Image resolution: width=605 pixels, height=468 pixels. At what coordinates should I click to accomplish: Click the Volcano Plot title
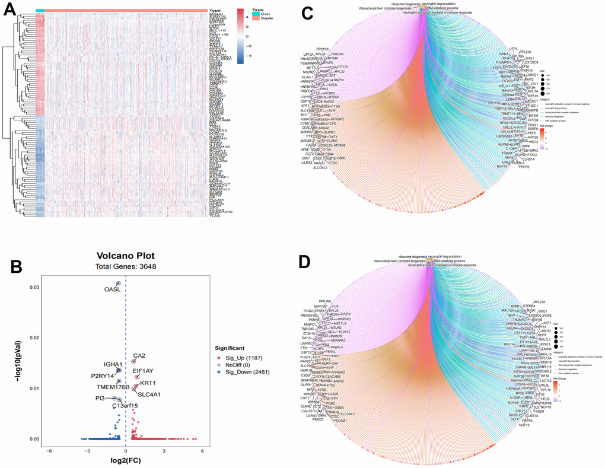point(126,257)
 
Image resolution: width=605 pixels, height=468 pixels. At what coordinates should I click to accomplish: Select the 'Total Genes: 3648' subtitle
point(126,268)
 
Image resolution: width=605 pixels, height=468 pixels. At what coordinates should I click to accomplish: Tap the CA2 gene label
point(139,356)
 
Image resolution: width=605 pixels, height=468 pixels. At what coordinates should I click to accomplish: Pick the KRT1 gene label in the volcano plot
point(148,383)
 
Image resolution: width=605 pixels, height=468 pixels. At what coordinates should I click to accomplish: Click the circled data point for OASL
point(119,284)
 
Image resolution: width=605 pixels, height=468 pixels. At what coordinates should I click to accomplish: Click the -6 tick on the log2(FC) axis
point(50,451)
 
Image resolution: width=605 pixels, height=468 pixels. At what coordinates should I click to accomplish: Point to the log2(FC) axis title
point(126,461)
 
